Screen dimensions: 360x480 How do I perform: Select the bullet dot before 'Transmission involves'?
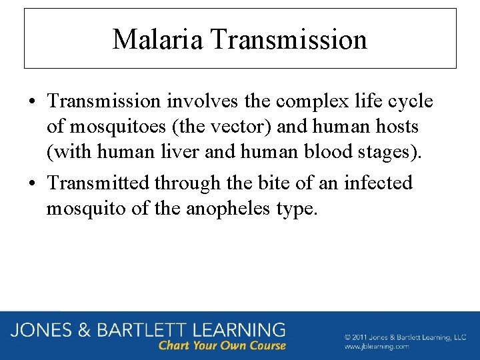click(32, 102)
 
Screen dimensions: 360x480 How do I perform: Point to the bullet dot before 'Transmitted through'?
click(32, 183)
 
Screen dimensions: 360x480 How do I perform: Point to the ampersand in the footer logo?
click(86, 330)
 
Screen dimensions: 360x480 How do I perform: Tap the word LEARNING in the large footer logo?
click(237, 330)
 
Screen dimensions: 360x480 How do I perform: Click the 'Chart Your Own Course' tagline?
click(222, 345)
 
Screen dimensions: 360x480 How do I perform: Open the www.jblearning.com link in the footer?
click(377, 347)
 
